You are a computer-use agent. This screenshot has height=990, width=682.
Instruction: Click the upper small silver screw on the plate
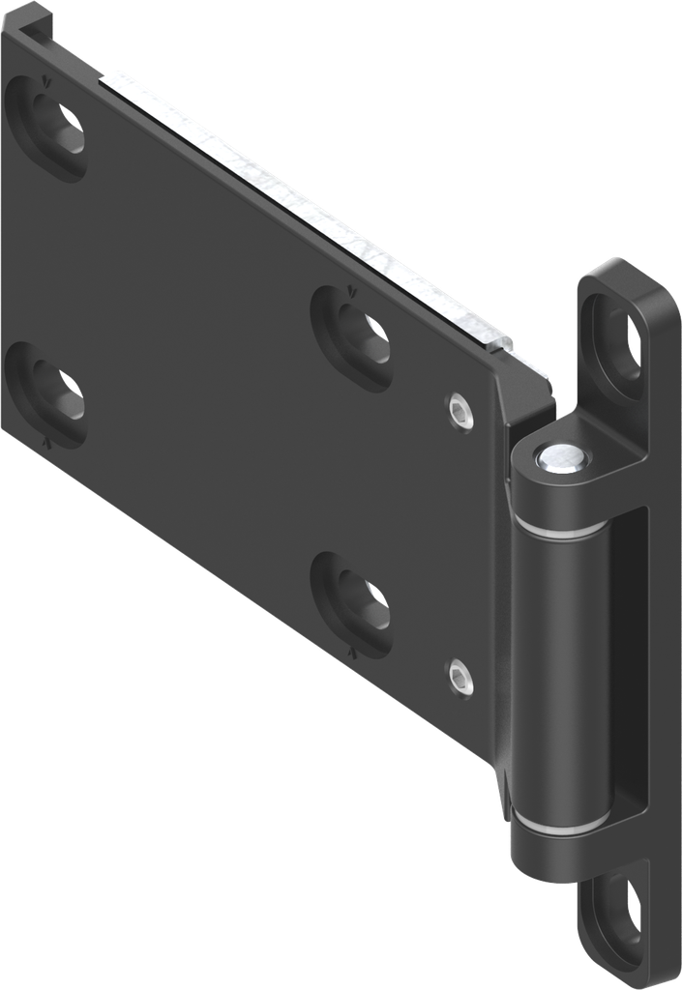(461, 411)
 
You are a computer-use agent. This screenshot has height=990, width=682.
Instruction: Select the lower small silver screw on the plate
(461, 678)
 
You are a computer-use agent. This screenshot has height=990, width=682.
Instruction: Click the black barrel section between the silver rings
(559, 677)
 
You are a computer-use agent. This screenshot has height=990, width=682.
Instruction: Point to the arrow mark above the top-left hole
(43, 83)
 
